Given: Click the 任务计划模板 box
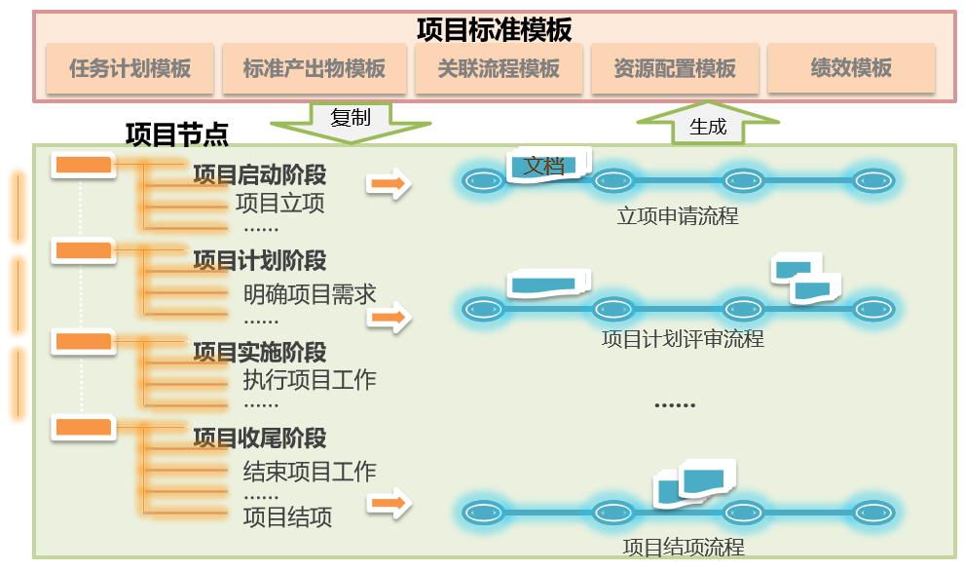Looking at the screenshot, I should pyautogui.click(x=130, y=68).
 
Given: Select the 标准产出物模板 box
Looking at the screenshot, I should pyautogui.click(x=314, y=68).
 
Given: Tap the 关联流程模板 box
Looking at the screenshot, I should pyautogui.click(x=499, y=68).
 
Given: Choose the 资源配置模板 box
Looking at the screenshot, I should pyautogui.click(x=675, y=68).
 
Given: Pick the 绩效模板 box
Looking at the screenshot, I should pyautogui.click(x=851, y=68).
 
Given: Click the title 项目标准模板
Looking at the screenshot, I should pyautogui.click(x=494, y=29).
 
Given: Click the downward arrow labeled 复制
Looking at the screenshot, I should pyautogui.click(x=351, y=121).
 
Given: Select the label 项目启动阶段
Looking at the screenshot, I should pyautogui.click(x=259, y=175).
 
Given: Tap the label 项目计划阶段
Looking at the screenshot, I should pyautogui.click(x=259, y=261).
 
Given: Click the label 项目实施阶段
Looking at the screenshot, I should pyautogui.click(x=259, y=352).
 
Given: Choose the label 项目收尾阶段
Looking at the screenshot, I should pyautogui.click(x=259, y=438).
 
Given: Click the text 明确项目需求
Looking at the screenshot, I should pyautogui.click(x=309, y=293).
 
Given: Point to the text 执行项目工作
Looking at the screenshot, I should pyautogui.click(x=309, y=380).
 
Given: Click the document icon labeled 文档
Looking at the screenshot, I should pyautogui.click(x=549, y=166).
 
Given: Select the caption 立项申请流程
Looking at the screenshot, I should pyautogui.click(x=678, y=216).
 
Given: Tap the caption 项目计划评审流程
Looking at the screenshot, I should pyautogui.click(x=683, y=339).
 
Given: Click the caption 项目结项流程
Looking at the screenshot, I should pyautogui.click(x=684, y=547).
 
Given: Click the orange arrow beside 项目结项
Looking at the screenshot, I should pyautogui.click(x=389, y=504).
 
